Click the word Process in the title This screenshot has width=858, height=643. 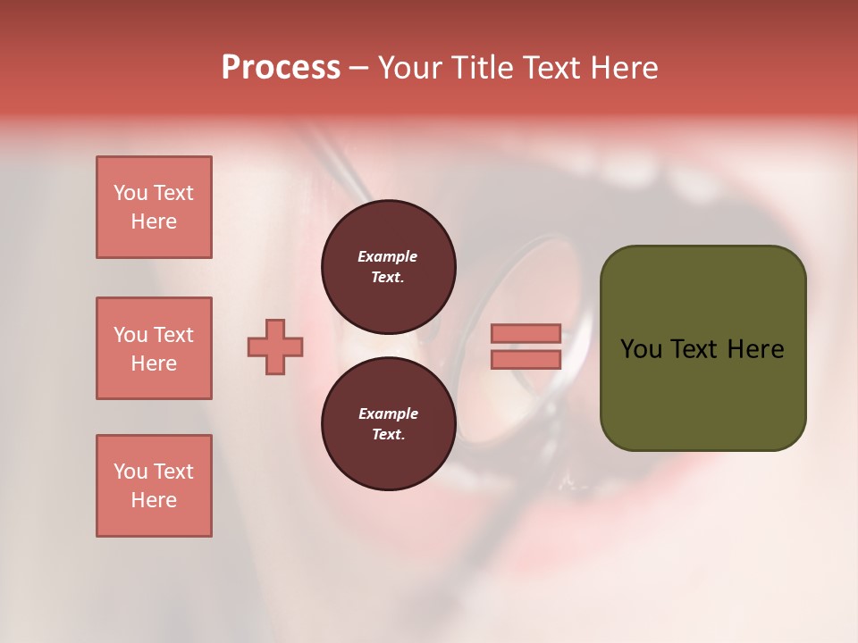pyautogui.click(x=281, y=68)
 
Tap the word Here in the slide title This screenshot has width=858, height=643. pyautogui.click(x=624, y=68)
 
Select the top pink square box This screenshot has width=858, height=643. pyautogui.click(x=154, y=207)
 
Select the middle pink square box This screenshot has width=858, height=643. pyautogui.click(x=154, y=348)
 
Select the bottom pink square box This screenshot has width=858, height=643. pyautogui.click(x=154, y=486)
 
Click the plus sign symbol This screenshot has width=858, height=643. pyautogui.click(x=275, y=347)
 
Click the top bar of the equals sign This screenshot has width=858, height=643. pyautogui.click(x=526, y=333)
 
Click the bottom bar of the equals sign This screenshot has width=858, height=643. pyautogui.click(x=526, y=360)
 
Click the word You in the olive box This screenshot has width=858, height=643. pyautogui.click(x=640, y=349)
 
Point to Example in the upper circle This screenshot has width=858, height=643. pyautogui.click(x=387, y=256)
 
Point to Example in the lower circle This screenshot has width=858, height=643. pyautogui.click(x=388, y=413)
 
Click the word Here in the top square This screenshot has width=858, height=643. pyautogui.click(x=154, y=221)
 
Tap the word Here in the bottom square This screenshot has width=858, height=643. pyautogui.click(x=154, y=500)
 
